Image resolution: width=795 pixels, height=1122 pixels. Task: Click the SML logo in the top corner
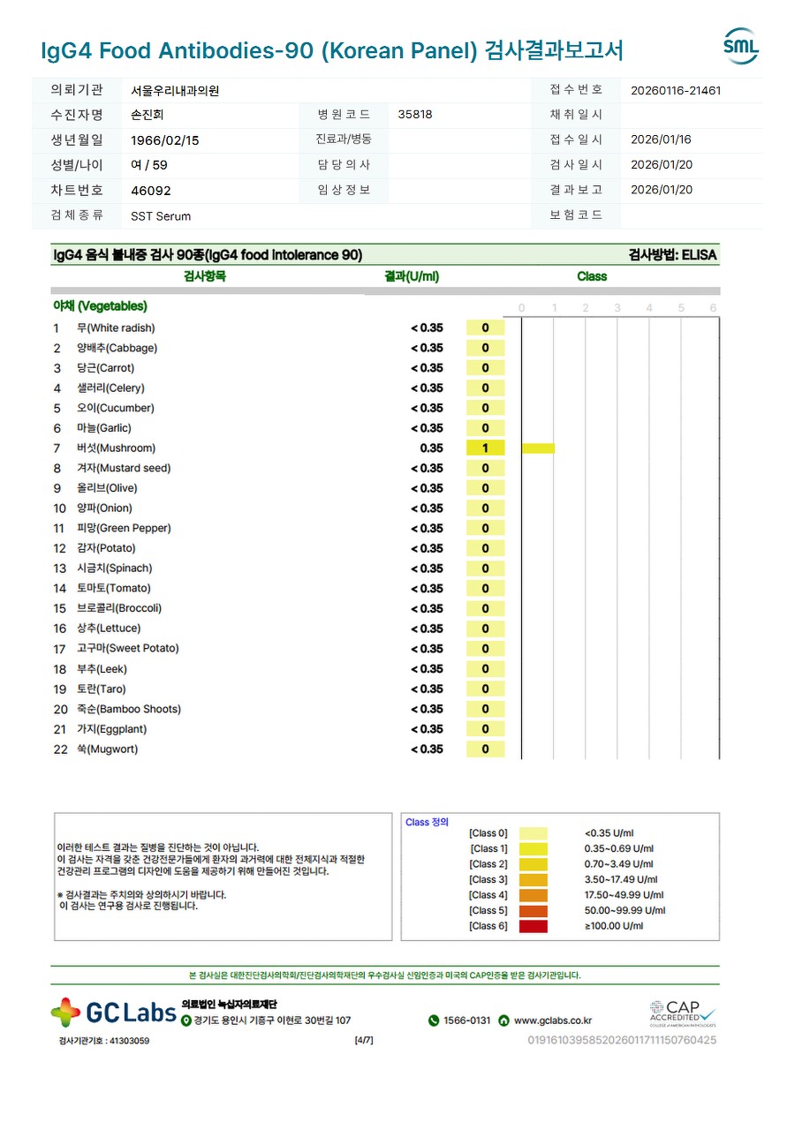(740, 47)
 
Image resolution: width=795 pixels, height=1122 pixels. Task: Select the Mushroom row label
(116, 448)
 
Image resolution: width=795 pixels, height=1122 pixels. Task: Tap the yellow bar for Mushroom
(538, 448)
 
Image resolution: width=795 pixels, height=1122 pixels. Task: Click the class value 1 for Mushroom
(485, 448)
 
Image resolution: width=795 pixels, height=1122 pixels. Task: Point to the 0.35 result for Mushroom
(431, 448)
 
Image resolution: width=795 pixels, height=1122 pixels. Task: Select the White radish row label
(116, 328)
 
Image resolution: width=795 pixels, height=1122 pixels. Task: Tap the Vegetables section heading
(100, 306)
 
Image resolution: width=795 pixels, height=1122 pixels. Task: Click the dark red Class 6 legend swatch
(533, 926)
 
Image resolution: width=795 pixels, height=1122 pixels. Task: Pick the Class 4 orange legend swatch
(533, 895)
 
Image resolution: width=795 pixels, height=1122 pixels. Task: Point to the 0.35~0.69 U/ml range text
(619, 848)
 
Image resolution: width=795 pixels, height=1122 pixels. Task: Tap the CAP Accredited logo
(682, 1013)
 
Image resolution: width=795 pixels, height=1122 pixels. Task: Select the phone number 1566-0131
(466, 1020)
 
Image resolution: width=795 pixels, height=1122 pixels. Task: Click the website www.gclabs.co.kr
(552, 1020)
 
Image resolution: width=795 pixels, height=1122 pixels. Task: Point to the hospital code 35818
(415, 115)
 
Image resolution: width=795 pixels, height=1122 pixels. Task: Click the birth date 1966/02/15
(165, 140)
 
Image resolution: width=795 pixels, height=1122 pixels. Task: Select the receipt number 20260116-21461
(676, 90)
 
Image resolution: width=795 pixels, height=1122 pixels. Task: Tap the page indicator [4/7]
(363, 1040)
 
